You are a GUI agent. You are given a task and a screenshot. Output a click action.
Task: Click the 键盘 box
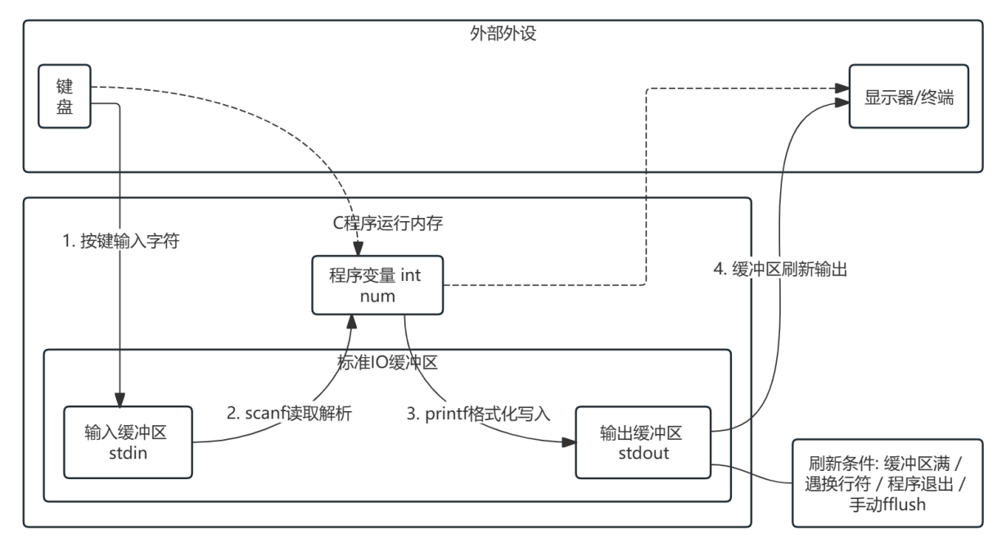[x=65, y=97]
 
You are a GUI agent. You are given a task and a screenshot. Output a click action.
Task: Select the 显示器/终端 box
[x=909, y=97]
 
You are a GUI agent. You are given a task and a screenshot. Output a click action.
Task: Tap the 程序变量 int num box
[x=377, y=285]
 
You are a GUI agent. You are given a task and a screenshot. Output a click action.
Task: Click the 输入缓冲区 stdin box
[x=128, y=442]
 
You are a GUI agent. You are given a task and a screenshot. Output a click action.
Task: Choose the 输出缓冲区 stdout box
[x=643, y=442]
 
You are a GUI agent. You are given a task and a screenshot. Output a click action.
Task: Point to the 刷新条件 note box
[x=887, y=483]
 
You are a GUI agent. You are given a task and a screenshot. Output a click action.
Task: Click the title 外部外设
[x=503, y=33]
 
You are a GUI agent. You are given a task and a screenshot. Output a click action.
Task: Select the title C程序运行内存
[x=388, y=223]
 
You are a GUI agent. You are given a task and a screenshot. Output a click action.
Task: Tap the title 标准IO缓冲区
[x=387, y=362]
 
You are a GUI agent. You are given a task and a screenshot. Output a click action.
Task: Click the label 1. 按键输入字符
[x=121, y=241]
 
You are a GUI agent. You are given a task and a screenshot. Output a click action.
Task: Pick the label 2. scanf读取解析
[x=289, y=413]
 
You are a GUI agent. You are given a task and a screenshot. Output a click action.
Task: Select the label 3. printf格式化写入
[x=478, y=413]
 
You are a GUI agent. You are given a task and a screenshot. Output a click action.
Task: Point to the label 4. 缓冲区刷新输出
[x=781, y=269]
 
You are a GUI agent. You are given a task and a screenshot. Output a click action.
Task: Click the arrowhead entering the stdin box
[x=120, y=400]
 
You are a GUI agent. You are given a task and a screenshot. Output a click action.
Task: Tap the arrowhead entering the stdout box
[x=569, y=442]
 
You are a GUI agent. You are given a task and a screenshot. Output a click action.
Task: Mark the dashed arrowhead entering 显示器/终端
[x=842, y=88]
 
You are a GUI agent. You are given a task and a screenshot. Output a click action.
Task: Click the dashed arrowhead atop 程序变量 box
[x=358, y=248]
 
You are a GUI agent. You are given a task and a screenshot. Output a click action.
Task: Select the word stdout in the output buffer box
[x=643, y=453]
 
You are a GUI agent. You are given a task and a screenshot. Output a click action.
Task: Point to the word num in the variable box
[x=377, y=297]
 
